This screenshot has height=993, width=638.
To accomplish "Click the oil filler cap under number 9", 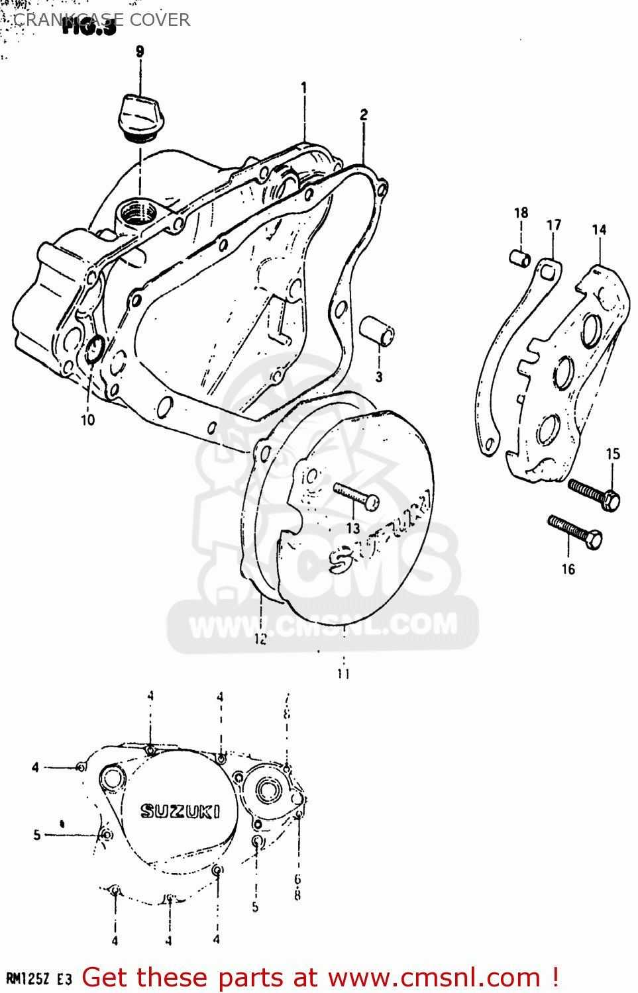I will tap(138, 118).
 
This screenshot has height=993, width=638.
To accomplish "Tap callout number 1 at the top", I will tap(304, 87).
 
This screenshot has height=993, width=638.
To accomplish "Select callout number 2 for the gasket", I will tap(364, 115).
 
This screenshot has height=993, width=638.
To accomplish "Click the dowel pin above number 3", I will tap(377, 330).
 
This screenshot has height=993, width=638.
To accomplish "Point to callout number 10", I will tap(87, 420).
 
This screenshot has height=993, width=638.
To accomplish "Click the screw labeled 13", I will tap(356, 496).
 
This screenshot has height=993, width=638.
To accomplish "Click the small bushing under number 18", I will tap(519, 258).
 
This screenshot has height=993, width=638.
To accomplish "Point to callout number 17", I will tap(554, 225).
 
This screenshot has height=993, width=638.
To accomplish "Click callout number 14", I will tap(599, 230).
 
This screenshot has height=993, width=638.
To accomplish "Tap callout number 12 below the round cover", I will tap(260, 639).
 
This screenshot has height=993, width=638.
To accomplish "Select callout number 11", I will tap(343, 674).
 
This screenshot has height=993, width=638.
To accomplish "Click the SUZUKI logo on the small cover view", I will tap(180, 811).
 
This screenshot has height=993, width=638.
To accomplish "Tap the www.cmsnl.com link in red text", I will tap(434, 977).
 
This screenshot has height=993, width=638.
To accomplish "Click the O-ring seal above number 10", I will tap(94, 350).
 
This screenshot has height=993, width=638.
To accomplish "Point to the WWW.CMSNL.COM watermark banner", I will tap(323, 625).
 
